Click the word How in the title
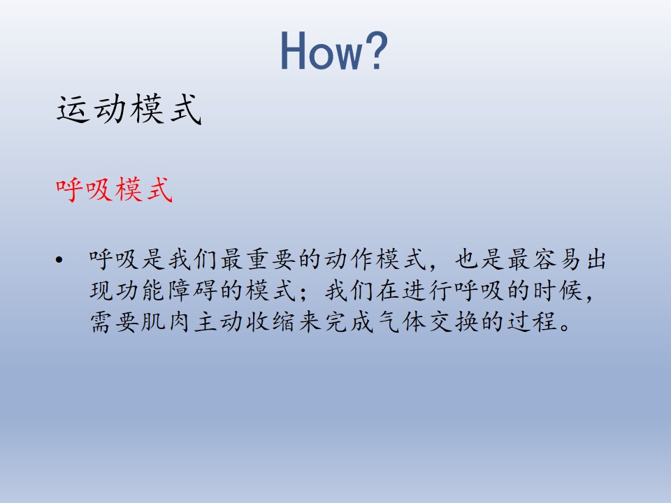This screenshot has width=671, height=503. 322,51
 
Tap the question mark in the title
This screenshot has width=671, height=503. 377,50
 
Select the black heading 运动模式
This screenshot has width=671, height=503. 129,109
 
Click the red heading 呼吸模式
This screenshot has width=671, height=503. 114,189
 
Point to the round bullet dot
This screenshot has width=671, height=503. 59,260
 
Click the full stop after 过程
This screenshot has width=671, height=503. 565,328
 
